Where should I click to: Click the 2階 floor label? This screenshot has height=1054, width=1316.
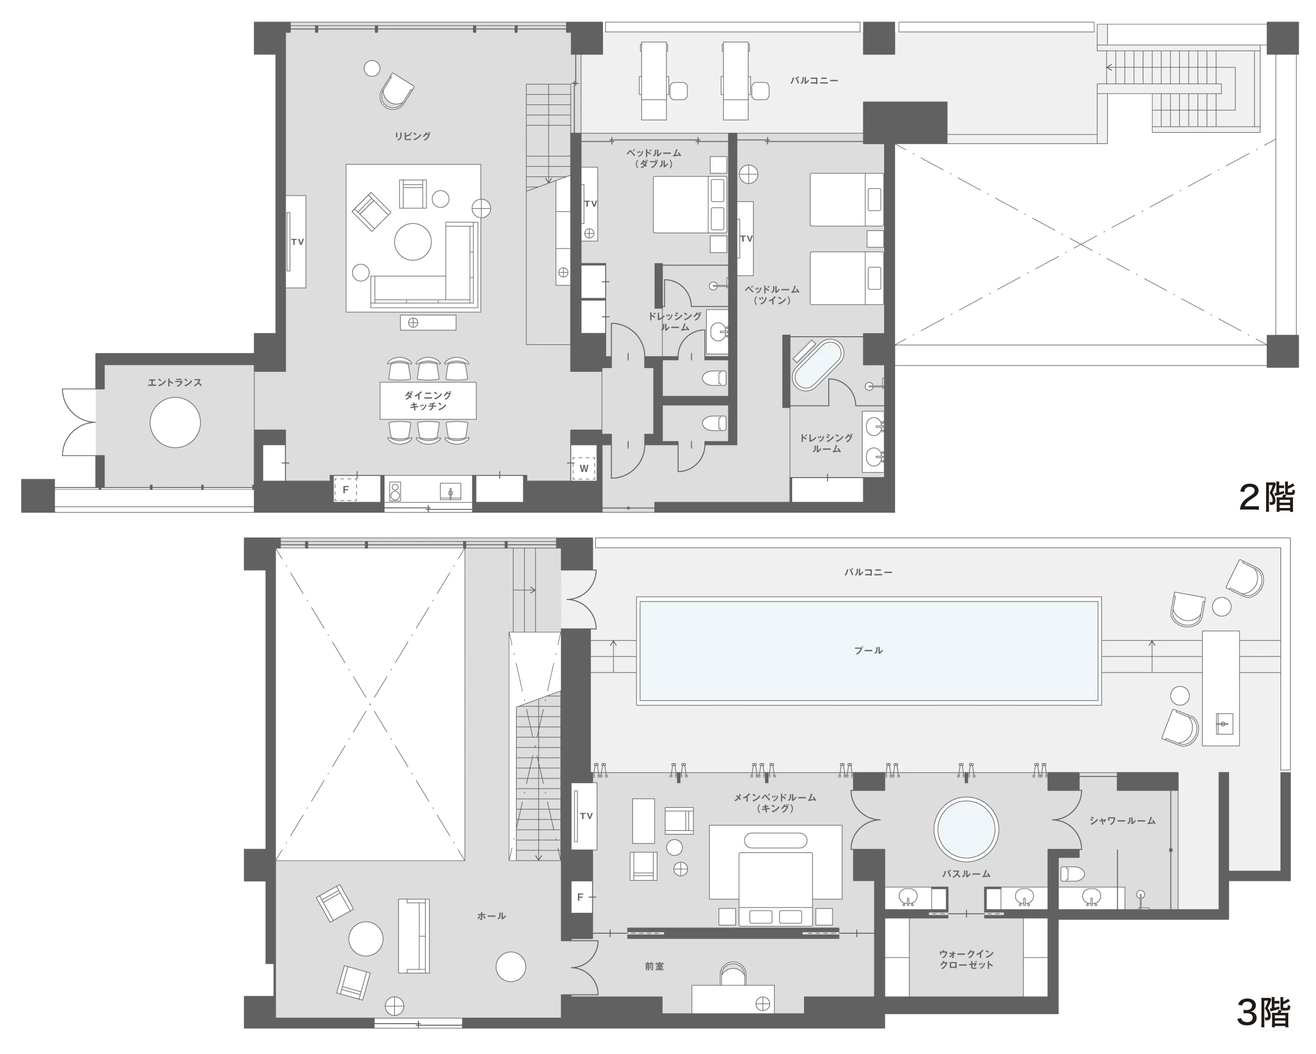coord(1267,497)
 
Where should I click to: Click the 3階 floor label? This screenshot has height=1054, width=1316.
coord(1264,1012)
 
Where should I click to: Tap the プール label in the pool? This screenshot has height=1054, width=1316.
coord(869,651)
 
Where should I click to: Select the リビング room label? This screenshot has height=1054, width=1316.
coord(413,136)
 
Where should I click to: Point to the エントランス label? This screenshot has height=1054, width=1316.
coord(175,383)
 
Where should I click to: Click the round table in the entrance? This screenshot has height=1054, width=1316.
coord(175,423)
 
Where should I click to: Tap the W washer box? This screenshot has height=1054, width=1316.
coord(583,468)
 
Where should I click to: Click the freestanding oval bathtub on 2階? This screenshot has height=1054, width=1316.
coord(817,365)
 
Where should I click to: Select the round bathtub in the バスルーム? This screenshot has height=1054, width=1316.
coord(966,829)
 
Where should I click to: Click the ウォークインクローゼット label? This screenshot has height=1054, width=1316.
coord(966,959)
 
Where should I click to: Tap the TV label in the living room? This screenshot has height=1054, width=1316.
coord(297,242)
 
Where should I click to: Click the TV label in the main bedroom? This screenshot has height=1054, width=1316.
coord(586,816)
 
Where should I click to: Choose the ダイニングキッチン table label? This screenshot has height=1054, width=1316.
coord(428,401)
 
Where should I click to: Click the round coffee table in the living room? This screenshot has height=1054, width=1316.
coord(413,242)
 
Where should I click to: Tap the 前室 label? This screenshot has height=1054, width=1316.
coord(654,967)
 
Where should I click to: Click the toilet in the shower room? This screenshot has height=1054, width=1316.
coord(1072,874)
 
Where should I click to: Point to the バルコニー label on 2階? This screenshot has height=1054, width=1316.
coord(814,81)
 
